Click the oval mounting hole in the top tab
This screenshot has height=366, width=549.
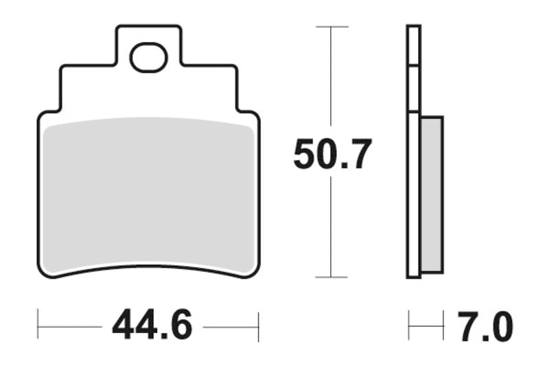coord(149,58)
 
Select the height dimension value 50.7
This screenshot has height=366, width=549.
coord(332,155)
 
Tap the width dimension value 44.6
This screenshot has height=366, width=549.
coord(152,325)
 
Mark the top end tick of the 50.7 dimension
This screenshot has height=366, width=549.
coord(332,27)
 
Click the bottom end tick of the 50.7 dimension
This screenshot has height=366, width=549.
coord(332,278)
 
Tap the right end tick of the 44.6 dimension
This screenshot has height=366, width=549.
coord(258,325)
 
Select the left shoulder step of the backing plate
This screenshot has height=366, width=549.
coord(62,89)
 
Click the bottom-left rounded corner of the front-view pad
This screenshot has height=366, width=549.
coord(43,273)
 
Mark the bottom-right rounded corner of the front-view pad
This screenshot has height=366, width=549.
coord(257,273)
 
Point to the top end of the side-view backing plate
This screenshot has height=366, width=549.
coord(413,27)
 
